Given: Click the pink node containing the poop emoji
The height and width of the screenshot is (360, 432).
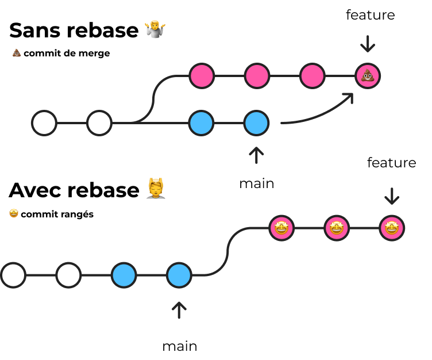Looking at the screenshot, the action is (368, 76).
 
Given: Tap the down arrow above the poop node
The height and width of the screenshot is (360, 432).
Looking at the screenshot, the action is (368, 44).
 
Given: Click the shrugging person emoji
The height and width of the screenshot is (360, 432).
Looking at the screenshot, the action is (155, 29).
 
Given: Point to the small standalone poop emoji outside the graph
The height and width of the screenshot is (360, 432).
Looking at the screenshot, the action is (17, 52).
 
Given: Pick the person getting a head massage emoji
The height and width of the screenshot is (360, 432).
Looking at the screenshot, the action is (156, 189).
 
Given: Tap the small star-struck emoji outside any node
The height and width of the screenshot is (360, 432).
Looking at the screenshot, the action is (14, 213).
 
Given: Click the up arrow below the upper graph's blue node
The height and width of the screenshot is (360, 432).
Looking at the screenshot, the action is (256, 155).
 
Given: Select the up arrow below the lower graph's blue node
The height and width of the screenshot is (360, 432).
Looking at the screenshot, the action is (179, 310).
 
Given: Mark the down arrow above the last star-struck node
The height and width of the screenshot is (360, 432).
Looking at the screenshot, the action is (392, 196).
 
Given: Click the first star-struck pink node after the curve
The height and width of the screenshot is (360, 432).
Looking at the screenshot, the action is (281, 228).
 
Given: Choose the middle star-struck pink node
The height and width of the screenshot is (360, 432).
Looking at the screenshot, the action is (337, 228).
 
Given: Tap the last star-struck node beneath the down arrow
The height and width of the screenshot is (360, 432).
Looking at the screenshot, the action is (392, 228).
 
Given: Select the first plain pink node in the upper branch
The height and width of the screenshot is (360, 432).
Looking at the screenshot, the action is (202, 76).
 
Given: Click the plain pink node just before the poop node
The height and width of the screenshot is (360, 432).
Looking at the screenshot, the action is (313, 76).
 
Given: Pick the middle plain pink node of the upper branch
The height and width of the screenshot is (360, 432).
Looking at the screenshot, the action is (257, 76).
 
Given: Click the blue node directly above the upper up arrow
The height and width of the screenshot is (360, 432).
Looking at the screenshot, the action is (256, 123).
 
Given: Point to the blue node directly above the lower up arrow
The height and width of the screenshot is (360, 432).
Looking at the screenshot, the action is (179, 275).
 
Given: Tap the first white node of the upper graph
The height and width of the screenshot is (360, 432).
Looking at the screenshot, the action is (44, 123).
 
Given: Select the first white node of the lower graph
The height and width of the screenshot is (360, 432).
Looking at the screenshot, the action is (13, 275).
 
